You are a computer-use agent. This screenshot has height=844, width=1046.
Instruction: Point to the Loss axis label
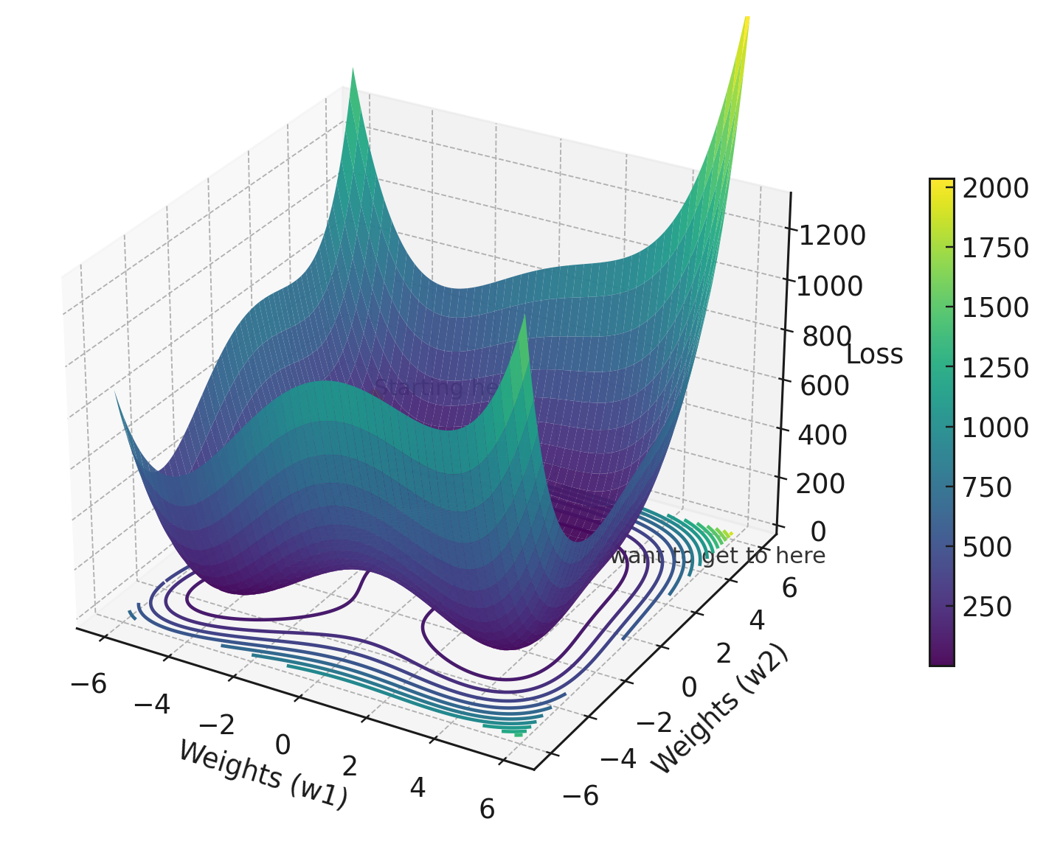(x=874, y=355)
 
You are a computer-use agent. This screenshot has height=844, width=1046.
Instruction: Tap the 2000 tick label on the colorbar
(x=995, y=189)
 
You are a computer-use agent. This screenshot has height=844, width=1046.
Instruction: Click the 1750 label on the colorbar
(x=995, y=248)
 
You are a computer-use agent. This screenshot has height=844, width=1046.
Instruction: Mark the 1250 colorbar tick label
(x=995, y=368)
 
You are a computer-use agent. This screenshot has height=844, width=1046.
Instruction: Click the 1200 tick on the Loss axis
(x=832, y=236)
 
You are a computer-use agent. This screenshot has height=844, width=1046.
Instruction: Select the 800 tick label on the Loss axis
(x=827, y=337)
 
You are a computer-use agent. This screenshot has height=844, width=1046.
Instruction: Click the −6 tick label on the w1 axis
(x=89, y=684)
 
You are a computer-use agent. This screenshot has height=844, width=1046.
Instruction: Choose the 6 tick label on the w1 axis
(x=487, y=809)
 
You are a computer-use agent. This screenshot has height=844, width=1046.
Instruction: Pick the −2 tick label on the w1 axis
(x=217, y=725)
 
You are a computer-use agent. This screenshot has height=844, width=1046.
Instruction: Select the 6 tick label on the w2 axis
(x=789, y=588)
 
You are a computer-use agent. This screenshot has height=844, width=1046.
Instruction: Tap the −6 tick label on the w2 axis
(x=581, y=795)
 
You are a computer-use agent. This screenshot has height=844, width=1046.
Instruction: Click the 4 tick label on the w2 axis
(x=756, y=621)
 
